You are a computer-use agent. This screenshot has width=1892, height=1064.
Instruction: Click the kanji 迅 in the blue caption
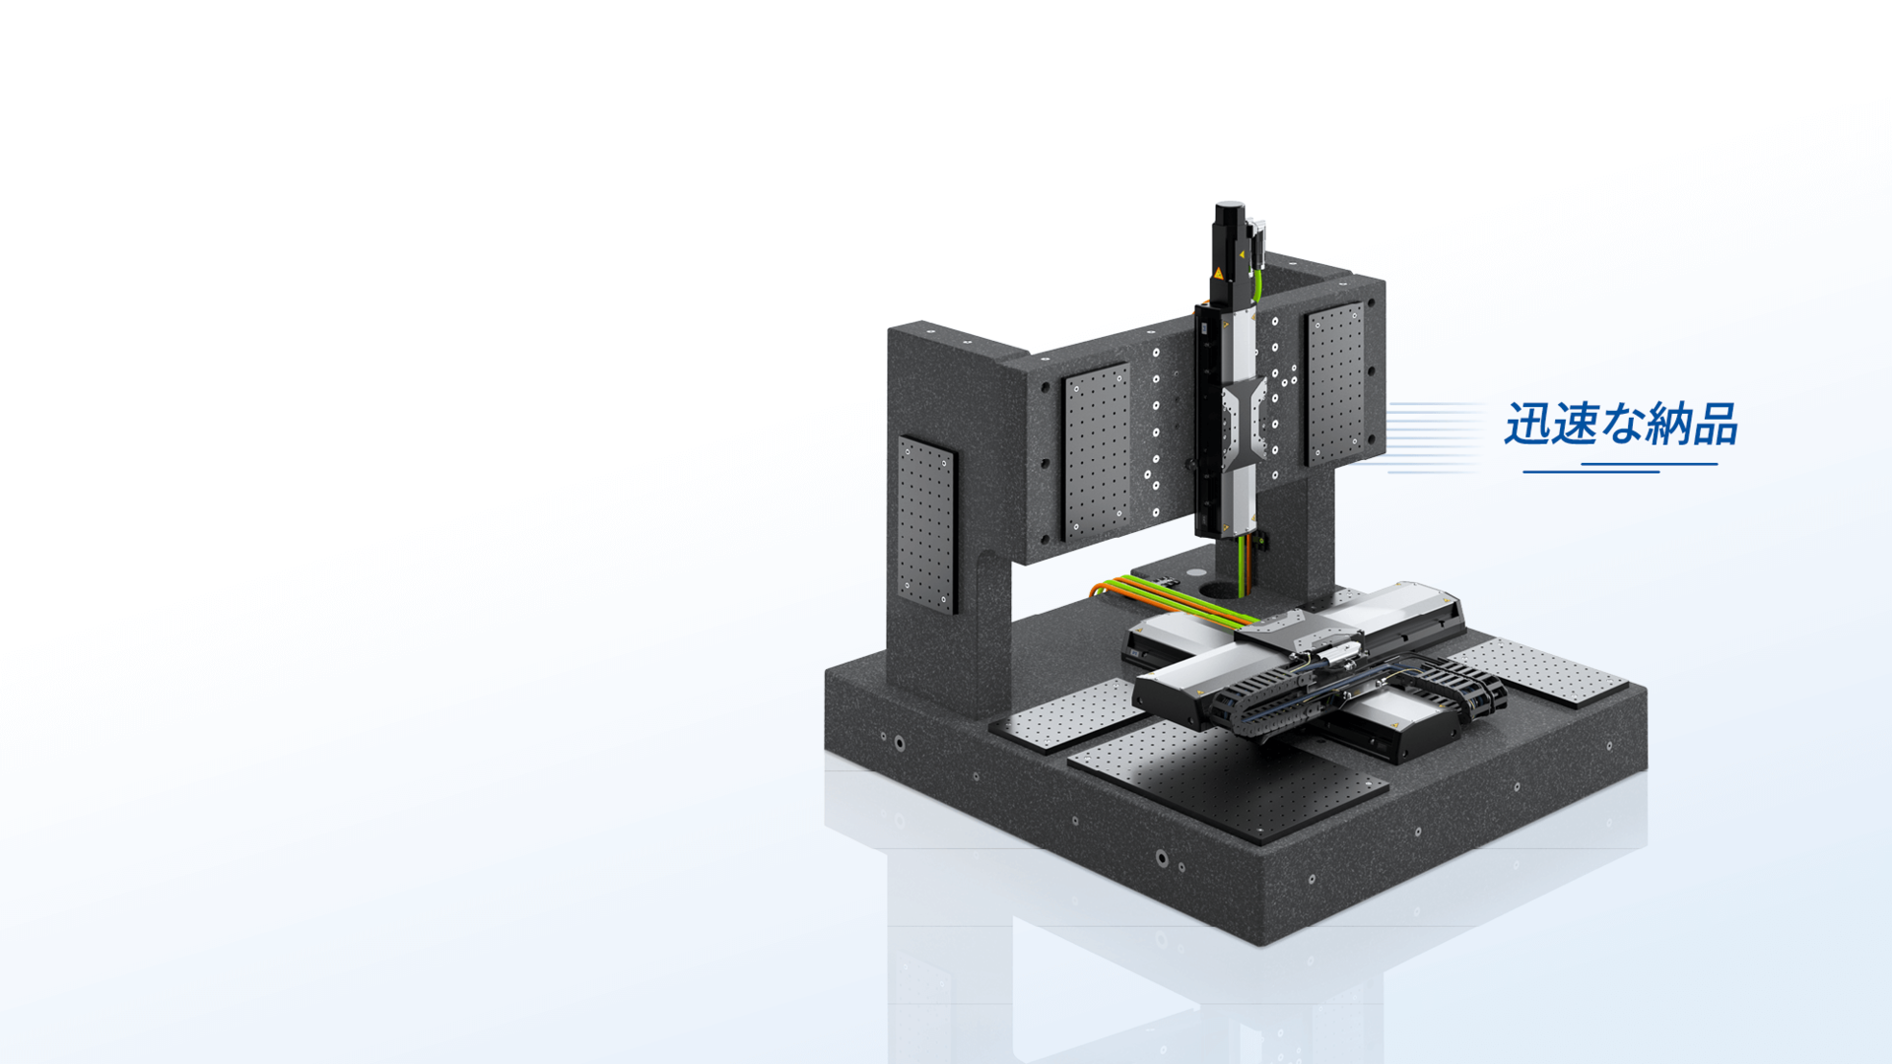pos(1527,425)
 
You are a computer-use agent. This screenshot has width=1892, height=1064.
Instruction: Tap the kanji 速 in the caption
pos(1575,425)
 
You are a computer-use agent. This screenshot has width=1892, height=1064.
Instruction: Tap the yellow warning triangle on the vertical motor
pos(1219,273)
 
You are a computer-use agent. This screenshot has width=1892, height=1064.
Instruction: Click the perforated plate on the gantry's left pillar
pos(926,524)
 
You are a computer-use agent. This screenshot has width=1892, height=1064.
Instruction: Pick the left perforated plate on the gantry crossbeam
pos(1096,451)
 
